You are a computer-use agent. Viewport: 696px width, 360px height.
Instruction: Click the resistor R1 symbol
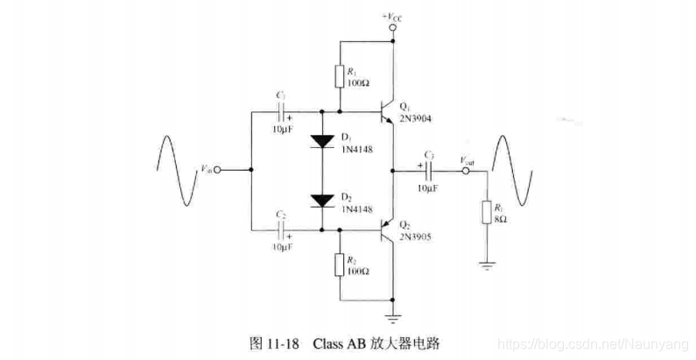click(x=339, y=76)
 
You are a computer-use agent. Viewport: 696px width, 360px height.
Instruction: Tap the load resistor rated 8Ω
click(x=486, y=212)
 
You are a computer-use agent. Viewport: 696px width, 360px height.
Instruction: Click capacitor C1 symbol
click(x=283, y=112)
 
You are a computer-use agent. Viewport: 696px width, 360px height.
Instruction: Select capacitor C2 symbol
click(x=283, y=230)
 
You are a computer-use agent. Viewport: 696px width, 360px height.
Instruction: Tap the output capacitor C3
click(x=430, y=172)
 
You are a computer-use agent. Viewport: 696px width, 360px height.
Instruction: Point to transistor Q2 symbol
click(x=385, y=231)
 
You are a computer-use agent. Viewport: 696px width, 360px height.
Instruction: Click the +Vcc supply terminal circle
click(x=393, y=29)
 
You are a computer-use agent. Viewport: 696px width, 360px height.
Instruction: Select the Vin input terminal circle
click(x=217, y=170)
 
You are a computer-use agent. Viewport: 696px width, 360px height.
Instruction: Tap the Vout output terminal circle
click(x=467, y=172)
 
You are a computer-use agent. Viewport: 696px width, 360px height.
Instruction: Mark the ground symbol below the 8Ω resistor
click(x=486, y=263)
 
